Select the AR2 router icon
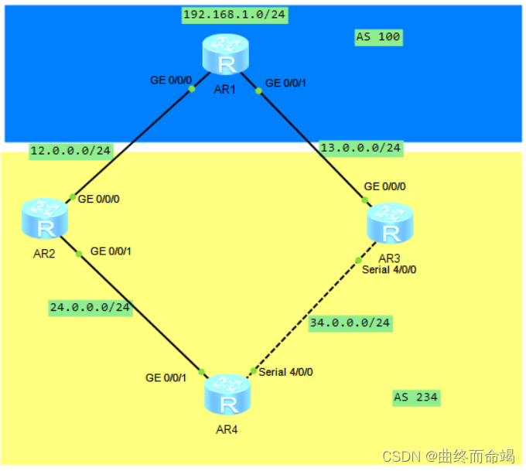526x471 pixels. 45,220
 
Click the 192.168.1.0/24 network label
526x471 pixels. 235,15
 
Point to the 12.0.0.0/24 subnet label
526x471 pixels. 71,152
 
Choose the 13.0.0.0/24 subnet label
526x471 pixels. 361,147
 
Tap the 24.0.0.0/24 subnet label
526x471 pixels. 91,307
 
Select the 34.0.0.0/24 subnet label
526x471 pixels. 350,323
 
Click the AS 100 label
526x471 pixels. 378,37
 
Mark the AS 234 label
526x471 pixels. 415,398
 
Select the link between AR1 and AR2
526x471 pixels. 131,142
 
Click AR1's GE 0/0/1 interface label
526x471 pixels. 285,83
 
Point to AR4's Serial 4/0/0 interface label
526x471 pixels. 286,372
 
